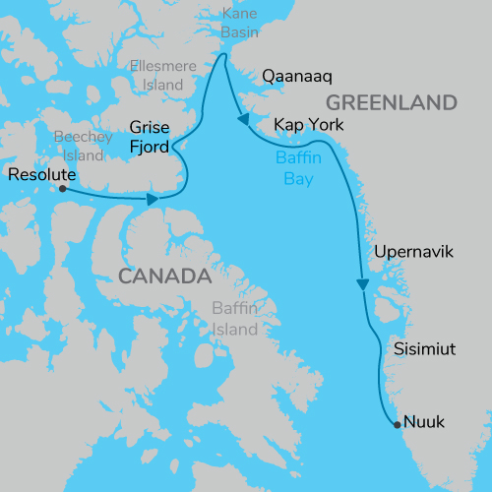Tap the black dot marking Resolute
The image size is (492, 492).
[x=63, y=188]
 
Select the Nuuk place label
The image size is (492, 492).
[x=425, y=422]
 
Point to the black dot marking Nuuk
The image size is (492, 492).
[x=397, y=425]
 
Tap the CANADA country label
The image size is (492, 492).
[x=165, y=275]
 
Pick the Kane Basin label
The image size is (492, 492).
[x=240, y=24]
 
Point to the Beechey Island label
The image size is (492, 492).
[x=79, y=147]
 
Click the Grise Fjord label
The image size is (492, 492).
[x=151, y=137]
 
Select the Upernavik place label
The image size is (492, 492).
[x=414, y=253]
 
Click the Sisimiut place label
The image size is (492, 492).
[x=423, y=349]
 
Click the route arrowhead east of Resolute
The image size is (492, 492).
[x=154, y=200]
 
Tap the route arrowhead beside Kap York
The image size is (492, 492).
[x=242, y=120]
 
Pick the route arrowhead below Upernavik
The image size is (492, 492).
[x=362, y=284]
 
